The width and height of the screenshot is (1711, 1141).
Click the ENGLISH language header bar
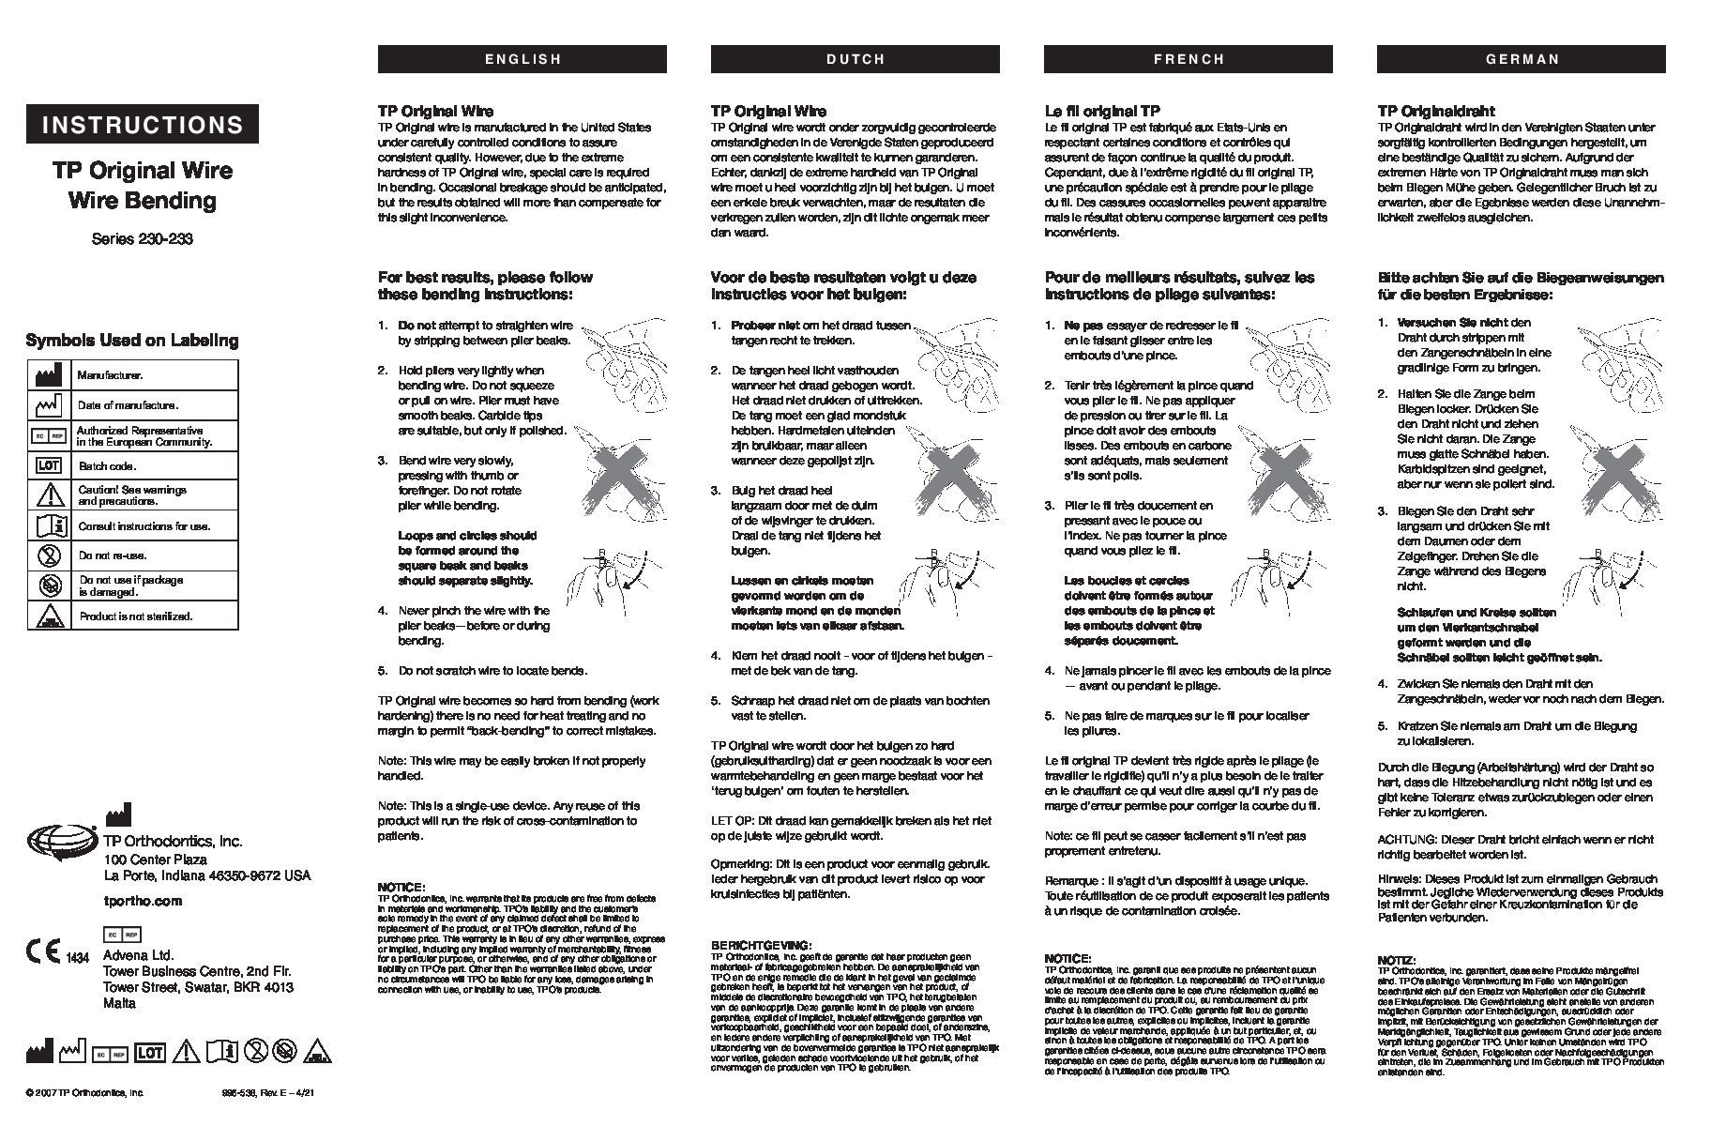click(x=522, y=59)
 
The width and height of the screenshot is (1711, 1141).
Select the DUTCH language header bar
click(x=855, y=59)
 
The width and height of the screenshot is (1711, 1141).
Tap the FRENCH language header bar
click(x=1188, y=59)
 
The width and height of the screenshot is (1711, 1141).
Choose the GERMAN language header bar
click(x=1521, y=59)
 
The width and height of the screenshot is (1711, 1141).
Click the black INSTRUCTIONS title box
click(x=143, y=125)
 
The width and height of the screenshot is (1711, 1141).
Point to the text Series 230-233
click(x=143, y=238)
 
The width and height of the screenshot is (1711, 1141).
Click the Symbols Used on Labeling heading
click(x=132, y=341)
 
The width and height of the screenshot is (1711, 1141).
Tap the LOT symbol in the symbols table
click(x=49, y=465)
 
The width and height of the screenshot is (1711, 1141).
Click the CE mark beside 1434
click(x=44, y=950)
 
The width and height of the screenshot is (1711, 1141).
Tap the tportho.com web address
click(x=142, y=901)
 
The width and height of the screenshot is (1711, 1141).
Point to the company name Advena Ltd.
click(x=132, y=955)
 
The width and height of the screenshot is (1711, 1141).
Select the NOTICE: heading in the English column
click(x=401, y=887)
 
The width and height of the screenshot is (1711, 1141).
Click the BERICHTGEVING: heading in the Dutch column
click(x=760, y=945)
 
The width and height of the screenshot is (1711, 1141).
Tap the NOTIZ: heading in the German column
click(x=1396, y=960)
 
